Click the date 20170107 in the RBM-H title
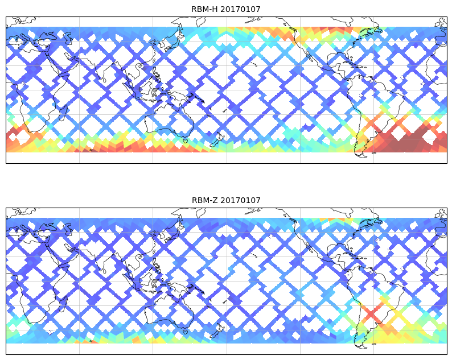[239, 9]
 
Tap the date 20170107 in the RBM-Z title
[239, 200]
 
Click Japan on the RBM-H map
[174, 44]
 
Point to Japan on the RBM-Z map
[174, 235]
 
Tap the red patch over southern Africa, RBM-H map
[26, 136]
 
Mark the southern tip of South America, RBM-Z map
[360, 344]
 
